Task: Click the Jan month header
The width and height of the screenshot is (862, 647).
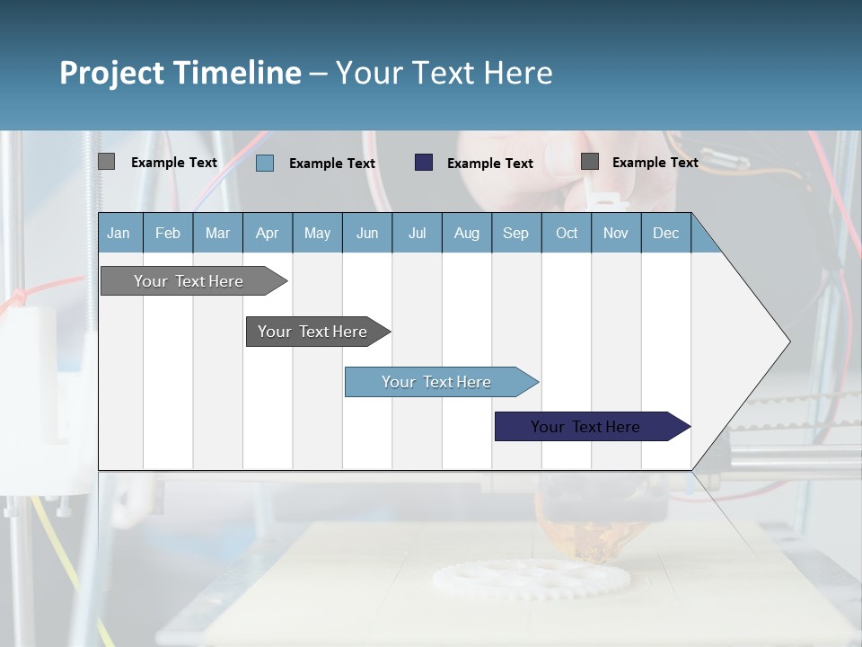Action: tap(119, 233)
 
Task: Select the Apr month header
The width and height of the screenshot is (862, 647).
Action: tap(267, 233)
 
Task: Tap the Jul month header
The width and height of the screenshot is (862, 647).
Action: tap(417, 233)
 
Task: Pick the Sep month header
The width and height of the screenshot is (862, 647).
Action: tap(515, 233)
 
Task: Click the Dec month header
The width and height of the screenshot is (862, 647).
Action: tap(665, 233)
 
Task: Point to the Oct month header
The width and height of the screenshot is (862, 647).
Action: tap(567, 233)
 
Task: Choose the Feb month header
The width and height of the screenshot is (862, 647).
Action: tap(168, 233)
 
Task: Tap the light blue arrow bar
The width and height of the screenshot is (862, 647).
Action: tap(437, 382)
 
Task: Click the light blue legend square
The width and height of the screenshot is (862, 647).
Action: tap(265, 163)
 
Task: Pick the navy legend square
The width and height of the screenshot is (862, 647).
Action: tap(424, 163)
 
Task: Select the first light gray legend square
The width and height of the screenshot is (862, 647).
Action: tap(106, 162)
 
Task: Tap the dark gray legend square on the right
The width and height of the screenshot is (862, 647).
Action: tap(590, 162)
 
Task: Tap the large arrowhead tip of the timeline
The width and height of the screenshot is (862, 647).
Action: tap(785, 341)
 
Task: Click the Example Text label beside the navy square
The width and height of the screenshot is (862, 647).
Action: tap(490, 164)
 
